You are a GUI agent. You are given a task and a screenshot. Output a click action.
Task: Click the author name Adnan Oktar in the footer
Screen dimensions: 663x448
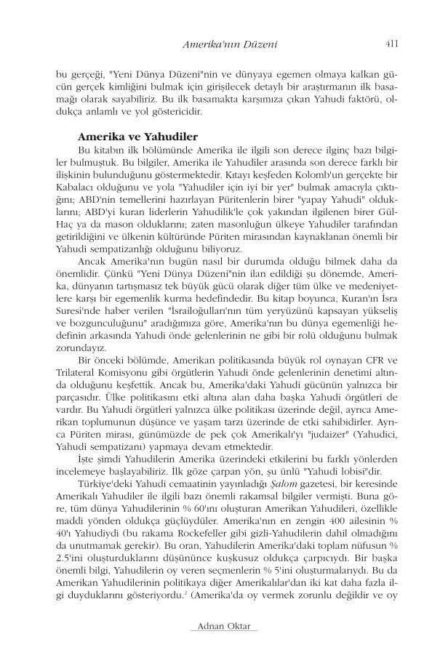[223, 627]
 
